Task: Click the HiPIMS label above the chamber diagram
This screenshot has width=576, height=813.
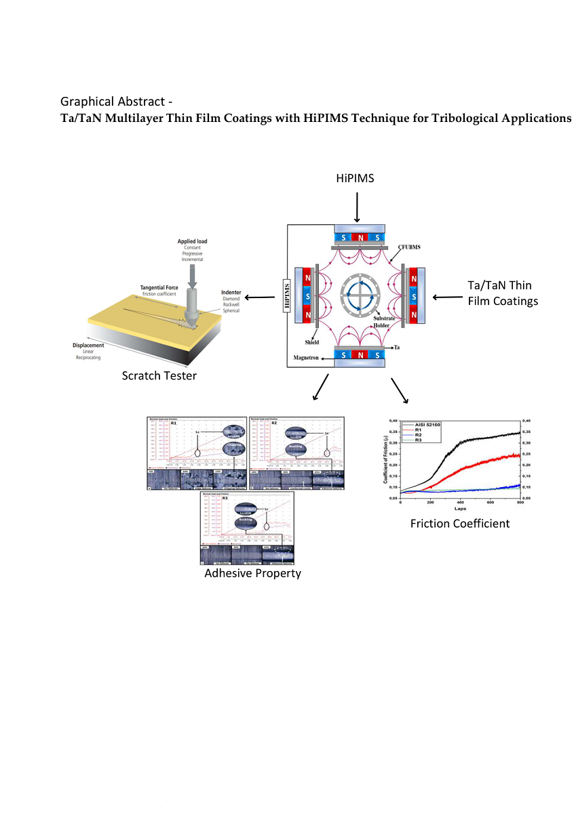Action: (x=356, y=179)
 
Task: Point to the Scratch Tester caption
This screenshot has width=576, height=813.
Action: (x=159, y=375)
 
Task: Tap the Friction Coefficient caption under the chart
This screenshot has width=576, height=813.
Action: (x=459, y=524)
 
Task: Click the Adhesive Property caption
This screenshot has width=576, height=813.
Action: (x=252, y=573)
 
